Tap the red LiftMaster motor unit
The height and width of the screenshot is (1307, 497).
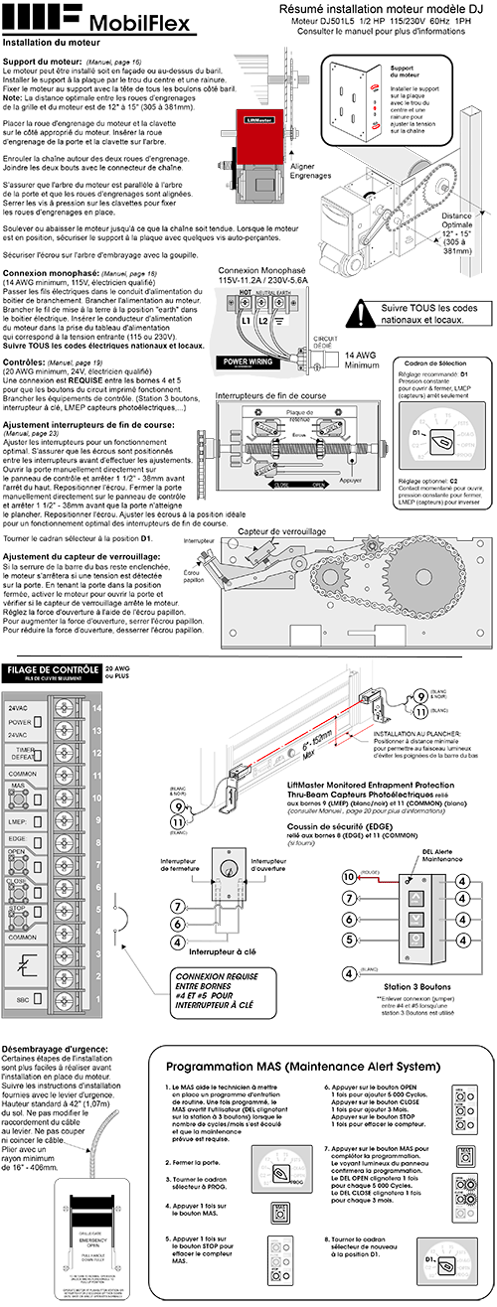[254, 131]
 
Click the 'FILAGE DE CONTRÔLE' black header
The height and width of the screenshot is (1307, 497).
[53, 670]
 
